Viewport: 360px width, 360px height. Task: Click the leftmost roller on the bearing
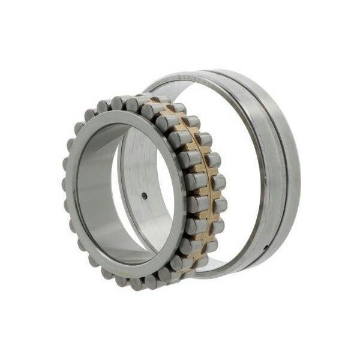[67, 192]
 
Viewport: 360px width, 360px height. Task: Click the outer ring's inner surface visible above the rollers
[180, 90]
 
